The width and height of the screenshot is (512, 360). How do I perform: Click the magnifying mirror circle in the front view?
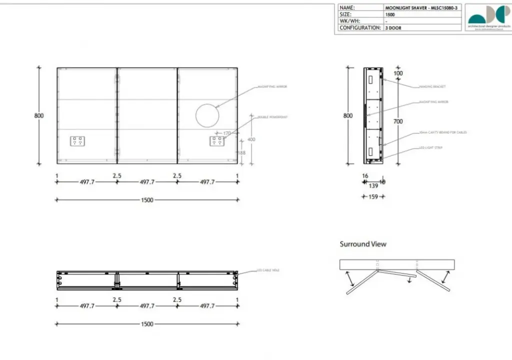click(x=207, y=115)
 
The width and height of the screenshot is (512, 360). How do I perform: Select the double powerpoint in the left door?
click(x=77, y=141)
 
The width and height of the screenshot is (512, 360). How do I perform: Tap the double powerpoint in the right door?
click(x=216, y=141)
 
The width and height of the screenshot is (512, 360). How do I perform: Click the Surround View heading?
click(x=363, y=244)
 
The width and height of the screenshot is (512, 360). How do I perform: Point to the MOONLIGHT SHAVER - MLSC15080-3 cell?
click(x=421, y=8)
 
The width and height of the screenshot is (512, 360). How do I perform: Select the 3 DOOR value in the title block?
click(x=393, y=28)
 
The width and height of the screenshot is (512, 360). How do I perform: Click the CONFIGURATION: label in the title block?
click(x=360, y=28)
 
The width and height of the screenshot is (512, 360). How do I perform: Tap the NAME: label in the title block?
click(x=347, y=8)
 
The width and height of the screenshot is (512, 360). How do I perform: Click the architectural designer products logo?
click(x=488, y=17)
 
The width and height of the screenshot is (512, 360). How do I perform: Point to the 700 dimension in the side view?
click(x=398, y=121)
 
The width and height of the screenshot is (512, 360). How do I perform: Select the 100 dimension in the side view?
click(x=398, y=73)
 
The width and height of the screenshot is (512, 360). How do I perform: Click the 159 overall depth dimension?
click(x=373, y=197)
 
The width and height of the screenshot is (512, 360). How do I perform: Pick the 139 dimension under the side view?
click(x=373, y=185)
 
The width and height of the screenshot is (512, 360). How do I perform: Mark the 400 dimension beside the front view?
click(x=251, y=139)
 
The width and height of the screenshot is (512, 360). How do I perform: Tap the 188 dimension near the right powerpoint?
click(x=241, y=153)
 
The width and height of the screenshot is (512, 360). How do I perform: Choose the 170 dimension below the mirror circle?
click(x=227, y=133)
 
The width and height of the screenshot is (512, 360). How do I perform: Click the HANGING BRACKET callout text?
click(x=432, y=87)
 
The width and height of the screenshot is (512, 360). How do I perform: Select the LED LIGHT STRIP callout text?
click(x=431, y=148)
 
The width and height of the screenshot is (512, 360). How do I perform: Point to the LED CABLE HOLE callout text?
click(x=268, y=270)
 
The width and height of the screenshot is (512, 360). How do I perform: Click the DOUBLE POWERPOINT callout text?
click(x=272, y=117)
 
